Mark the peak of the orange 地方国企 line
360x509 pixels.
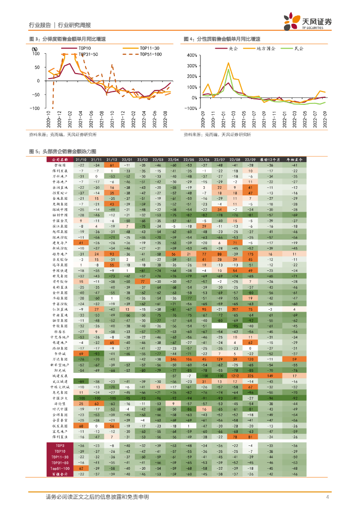pos(228,63)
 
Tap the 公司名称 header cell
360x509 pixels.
pos(59,159)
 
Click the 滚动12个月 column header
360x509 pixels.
pos(270,159)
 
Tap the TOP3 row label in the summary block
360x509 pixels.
pos(59,446)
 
